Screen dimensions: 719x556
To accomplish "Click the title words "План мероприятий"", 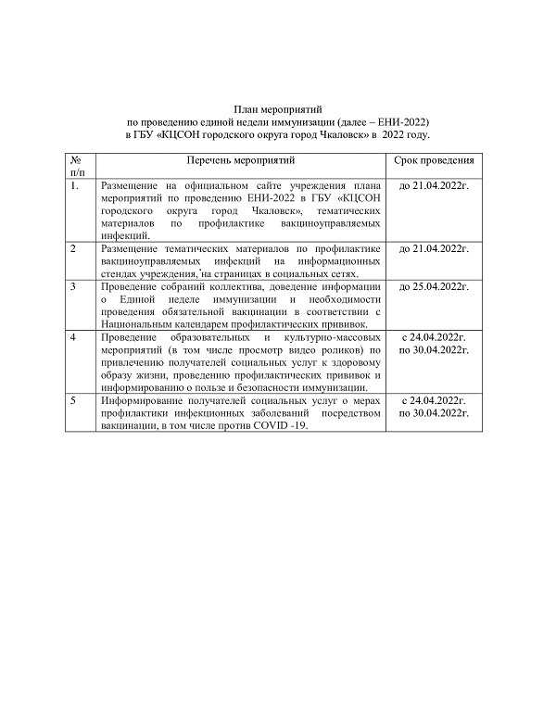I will click(277, 110).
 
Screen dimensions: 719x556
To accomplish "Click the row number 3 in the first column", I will click(74, 287).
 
